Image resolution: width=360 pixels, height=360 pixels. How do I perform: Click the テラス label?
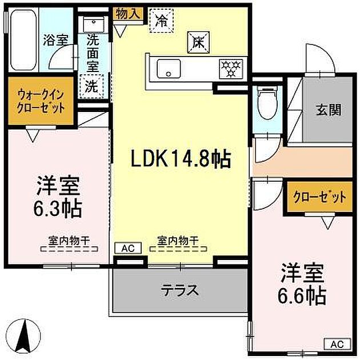click(179, 290)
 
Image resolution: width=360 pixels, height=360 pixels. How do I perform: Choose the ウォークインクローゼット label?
click(40, 102)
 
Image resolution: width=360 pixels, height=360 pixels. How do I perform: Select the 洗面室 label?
click(92, 53)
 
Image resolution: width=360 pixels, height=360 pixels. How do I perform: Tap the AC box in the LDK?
click(128, 248)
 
